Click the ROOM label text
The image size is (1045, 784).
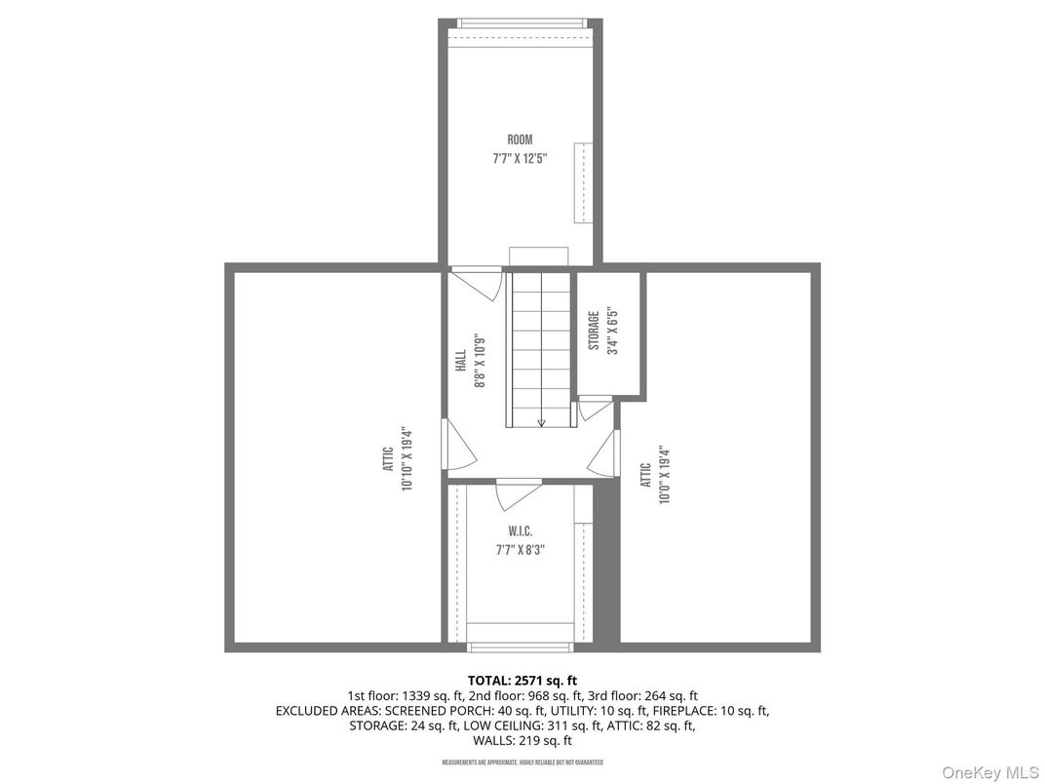(520, 140)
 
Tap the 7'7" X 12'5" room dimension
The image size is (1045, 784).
(520, 159)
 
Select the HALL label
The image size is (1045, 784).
(460, 360)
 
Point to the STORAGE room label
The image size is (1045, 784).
(593, 331)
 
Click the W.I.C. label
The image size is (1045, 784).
(520, 532)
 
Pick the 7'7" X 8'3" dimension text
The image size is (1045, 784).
(520, 550)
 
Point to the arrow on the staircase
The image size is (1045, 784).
(541, 421)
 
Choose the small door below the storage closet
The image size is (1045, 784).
(593, 408)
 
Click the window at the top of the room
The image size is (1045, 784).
(522, 22)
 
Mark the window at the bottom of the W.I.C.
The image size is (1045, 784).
(519, 646)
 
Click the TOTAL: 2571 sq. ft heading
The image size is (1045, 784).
(522, 680)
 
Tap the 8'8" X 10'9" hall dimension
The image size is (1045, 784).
(479, 360)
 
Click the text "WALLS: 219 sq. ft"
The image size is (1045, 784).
(522, 740)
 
